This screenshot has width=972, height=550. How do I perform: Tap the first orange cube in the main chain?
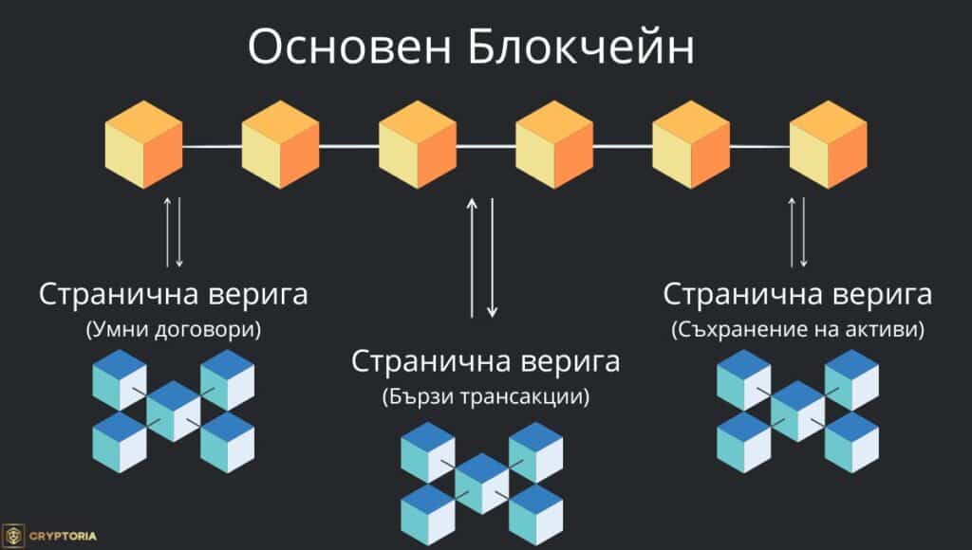pyautogui.click(x=143, y=145)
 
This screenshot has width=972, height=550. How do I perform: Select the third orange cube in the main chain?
pyautogui.click(x=418, y=145)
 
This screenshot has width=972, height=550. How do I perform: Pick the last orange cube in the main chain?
pyautogui.click(x=829, y=145)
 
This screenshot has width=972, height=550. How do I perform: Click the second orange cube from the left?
pyautogui.click(x=281, y=145)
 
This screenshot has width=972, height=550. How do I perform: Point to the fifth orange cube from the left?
pyautogui.click(x=691, y=145)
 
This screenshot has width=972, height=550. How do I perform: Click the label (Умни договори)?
pyautogui.click(x=174, y=331)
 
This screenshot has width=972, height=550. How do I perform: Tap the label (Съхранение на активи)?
pyautogui.click(x=797, y=330)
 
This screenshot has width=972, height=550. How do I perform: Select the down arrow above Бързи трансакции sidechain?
pyautogui.click(x=492, y=256)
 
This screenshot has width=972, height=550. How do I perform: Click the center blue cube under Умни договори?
pyautogui.click(x=174, y=410)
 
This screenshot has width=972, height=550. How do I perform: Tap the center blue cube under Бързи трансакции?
pyautogui.click(x=482, y=482)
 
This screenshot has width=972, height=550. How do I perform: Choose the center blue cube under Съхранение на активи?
pyautogui.click(x=798, y=410)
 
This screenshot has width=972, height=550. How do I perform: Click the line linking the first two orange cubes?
pyautogui.click(x=212, y=147)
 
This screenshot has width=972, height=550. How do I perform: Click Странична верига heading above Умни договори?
pyautogui.click(x=174, y=294)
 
